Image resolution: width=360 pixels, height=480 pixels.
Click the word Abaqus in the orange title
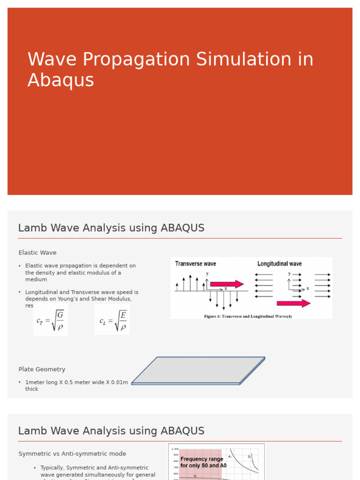(60, 80)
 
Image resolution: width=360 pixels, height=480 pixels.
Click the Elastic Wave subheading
(37, 253)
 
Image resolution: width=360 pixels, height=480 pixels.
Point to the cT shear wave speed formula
(50, 320)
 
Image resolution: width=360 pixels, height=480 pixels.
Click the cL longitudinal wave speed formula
(112, 320)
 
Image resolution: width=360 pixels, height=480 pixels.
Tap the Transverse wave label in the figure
(195, 264)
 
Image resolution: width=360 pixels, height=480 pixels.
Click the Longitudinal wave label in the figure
(279, 264)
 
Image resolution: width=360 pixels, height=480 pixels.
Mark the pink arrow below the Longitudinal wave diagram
(293, 303)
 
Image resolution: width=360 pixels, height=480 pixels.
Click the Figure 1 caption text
(248, 316)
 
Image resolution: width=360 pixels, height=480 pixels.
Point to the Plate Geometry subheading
(42, 369)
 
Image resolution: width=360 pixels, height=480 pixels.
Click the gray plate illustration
(198, 370)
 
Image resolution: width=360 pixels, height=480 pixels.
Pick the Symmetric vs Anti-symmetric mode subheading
(72, 454)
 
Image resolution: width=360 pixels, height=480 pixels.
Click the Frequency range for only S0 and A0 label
(202, 462)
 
